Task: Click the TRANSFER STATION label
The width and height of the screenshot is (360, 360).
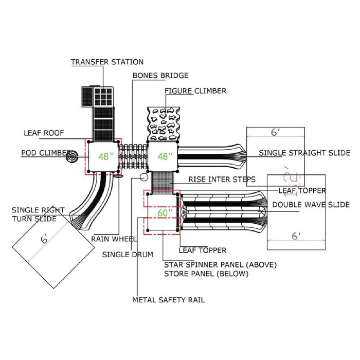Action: coord(107,62)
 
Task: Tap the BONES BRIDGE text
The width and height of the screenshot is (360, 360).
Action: coord(160,75)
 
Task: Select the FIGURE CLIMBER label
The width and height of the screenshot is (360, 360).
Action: coord(195,91)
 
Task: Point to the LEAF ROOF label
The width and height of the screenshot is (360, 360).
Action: coord(44,133)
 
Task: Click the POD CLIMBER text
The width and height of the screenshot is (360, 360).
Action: coord(45,153)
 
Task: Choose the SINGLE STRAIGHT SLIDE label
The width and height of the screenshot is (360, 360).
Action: coord(304,153)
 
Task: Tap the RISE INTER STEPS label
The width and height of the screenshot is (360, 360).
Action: coord(222,179)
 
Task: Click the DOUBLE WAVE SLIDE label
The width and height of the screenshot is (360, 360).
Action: coord(311,205)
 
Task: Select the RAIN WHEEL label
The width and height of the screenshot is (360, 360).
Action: coord(114,239)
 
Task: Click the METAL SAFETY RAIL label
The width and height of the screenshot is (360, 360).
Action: coord(168,300)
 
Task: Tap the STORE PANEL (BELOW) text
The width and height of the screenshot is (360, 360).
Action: coord(206,274)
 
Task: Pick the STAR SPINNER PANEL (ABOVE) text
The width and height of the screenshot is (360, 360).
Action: coord(221,264)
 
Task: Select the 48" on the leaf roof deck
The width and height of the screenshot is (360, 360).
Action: coord(105,156)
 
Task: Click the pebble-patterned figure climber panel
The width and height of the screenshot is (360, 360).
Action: coord(164,124)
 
